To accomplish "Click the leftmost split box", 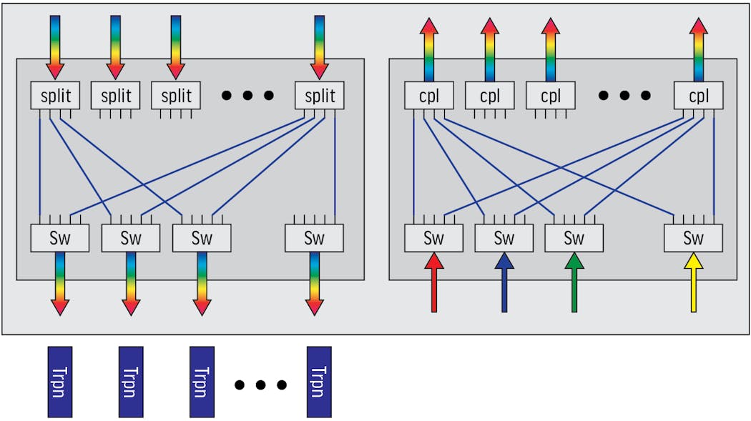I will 55,96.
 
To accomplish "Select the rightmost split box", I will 320,96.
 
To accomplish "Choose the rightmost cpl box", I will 698,96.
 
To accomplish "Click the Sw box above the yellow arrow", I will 692,238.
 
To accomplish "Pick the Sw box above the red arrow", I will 433,238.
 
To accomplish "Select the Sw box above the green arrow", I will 574,238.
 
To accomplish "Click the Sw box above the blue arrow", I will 504,238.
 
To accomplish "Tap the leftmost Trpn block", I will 60,382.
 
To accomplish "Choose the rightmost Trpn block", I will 319,382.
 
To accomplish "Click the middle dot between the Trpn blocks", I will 261,385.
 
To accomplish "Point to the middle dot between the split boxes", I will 247,95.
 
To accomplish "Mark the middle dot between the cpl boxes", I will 625,95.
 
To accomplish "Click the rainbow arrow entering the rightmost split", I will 320,46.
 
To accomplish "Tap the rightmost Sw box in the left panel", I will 314,238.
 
